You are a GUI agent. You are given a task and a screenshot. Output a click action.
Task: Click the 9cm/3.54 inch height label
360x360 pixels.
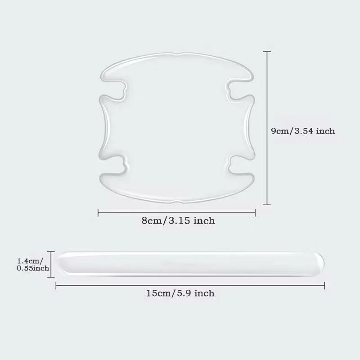tap(303, 131)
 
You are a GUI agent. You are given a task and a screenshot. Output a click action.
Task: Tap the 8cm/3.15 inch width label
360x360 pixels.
tap(178, 220)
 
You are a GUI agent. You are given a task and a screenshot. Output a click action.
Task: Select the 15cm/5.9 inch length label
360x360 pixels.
tap(180, 293)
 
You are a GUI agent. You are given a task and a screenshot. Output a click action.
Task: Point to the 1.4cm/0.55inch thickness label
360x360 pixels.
tap(33, 265)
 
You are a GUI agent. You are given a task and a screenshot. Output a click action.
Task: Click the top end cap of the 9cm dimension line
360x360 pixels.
tap(267, 52)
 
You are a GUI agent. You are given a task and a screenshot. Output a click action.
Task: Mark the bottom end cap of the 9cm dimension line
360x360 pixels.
tap(267, 204)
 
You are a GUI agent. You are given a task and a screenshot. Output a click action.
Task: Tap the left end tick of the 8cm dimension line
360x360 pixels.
tap(98, 212)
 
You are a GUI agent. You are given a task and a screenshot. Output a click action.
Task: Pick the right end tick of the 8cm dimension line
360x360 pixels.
tap(255, 212)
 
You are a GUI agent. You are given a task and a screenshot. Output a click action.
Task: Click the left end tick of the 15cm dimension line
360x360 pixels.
tap(56, 286)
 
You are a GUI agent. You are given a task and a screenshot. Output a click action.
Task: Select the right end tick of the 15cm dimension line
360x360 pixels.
tap(324, 286)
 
